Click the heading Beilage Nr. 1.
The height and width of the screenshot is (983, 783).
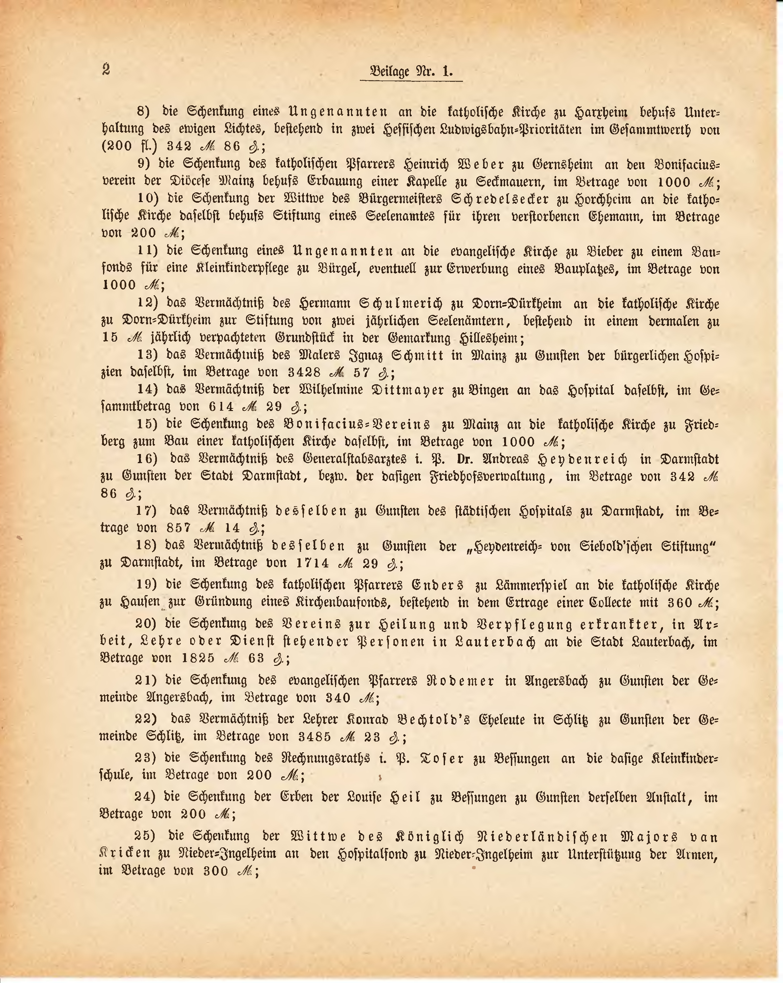(x=411, y=72)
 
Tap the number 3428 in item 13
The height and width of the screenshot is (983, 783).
(x=305, y=373)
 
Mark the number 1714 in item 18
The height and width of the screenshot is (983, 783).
(x=313, y=563)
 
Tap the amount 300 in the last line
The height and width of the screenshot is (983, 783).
(x=216, y=871)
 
